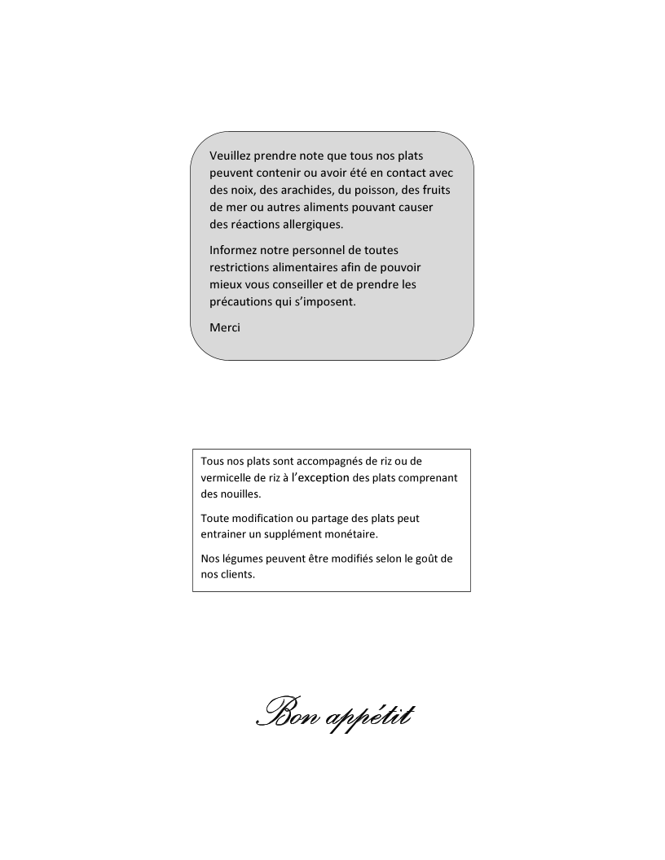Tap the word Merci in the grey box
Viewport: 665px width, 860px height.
click(x=225, y=327)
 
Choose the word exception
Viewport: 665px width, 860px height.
click(x=324, y=478)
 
